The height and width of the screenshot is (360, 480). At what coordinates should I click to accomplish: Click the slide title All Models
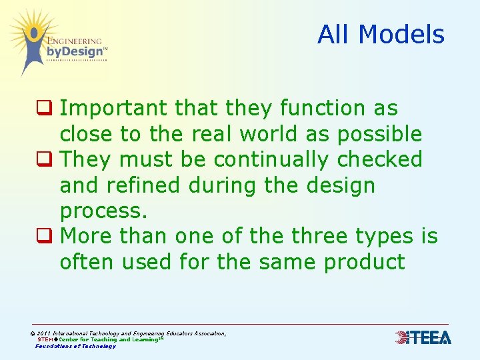(381, 34)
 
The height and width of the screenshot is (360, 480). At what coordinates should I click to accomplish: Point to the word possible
(379, 135)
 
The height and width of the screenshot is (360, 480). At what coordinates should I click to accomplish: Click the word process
(103, 212)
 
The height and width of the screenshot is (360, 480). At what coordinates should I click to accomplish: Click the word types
(383, 237)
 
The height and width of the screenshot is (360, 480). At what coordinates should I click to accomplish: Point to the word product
(364, 262)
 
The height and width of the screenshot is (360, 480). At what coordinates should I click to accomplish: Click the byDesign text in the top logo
(75, 51)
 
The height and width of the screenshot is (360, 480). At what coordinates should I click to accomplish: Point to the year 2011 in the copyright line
(43, 333)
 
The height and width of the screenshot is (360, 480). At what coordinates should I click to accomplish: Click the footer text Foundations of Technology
(75, 346)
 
